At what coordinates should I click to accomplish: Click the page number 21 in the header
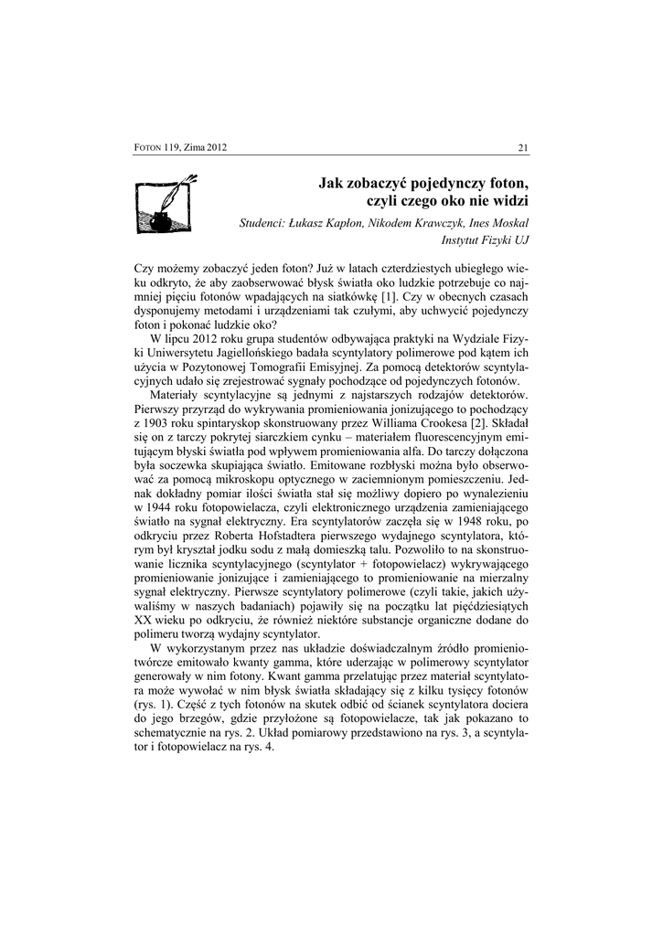tap(523, 148)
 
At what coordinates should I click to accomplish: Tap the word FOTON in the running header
tap(148, 148)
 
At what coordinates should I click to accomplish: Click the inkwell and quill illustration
tap(165, 207)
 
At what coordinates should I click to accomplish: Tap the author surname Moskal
tap(508, 224)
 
